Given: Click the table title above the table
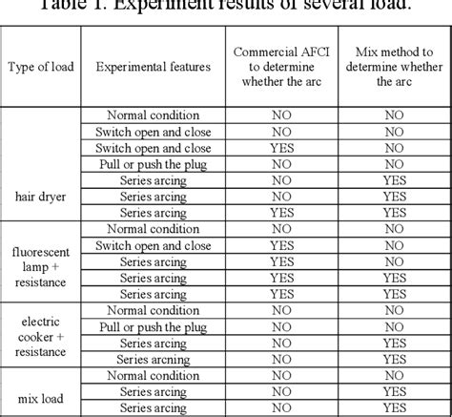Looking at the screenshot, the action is tap(226, 8).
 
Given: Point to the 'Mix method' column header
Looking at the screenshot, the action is tap(389, 66).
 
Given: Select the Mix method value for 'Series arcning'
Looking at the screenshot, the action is tap(389, 360).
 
